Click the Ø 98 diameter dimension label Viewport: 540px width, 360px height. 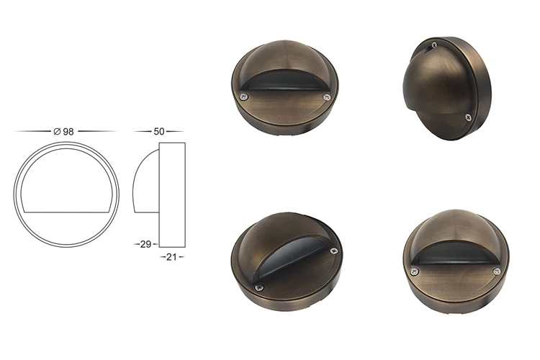[x=65, y=132]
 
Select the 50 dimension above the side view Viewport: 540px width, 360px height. [x=159, y=132]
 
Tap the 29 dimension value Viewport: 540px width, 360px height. [x=146, y=245]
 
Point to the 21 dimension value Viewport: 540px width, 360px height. [x=171, y=256]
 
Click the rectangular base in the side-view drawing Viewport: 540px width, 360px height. [x=171, y=194]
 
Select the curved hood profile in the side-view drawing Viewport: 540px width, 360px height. [x=143, y=180]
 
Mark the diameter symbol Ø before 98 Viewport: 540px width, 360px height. [x=57, y=132]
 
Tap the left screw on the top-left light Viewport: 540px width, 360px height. [x=245, y=95]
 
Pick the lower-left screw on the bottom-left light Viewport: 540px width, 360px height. [x=259, y=288]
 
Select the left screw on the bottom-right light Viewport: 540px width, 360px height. [x=415, y=271]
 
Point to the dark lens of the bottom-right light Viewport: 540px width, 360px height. [x=455, y=258]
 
